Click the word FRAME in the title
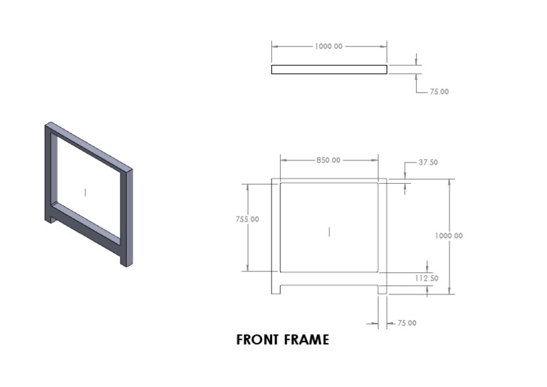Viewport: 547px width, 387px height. (306, 340)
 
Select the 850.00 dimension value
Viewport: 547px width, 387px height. (328, 160)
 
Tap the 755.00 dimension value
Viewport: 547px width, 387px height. (247, 219)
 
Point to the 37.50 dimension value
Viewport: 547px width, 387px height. (428, 162)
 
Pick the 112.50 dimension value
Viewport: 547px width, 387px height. (426, 278)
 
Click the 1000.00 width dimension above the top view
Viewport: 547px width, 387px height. (328, 46)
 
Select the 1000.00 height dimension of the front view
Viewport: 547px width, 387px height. (449, 235)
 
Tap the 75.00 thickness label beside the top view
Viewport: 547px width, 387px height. (439, 92)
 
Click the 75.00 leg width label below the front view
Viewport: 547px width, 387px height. (407, 324)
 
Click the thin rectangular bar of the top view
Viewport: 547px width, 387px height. (329, 70)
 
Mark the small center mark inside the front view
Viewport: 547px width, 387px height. (329, 231)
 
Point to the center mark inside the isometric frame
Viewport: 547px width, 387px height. (85, 192)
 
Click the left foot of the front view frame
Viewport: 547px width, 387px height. (276, 289)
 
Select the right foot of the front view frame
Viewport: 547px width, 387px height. (382, 289)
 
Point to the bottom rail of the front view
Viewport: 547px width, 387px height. (329, 278)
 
